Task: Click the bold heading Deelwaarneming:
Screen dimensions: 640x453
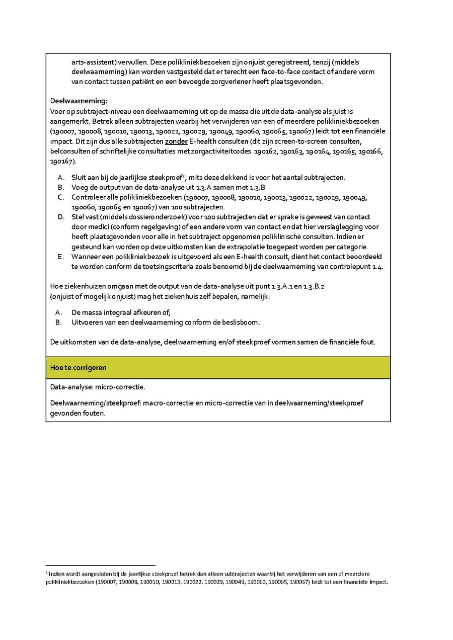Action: click(79, 101)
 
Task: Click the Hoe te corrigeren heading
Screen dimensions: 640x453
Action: click(78, 368)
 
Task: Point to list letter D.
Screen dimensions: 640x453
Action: click(61, 217)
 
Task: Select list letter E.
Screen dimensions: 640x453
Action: click(61, 257)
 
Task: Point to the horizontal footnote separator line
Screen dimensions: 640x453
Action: click(100, 566)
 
